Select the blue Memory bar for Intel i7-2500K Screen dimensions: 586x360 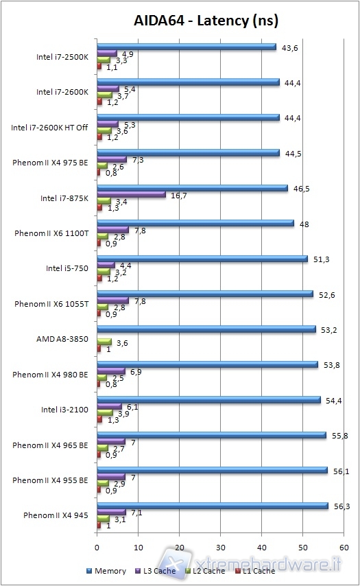187,47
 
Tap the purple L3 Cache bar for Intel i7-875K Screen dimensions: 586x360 132,194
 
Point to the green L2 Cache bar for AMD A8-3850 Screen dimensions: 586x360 104,341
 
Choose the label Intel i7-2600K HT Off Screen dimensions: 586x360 49,128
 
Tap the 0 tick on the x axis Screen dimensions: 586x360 97,548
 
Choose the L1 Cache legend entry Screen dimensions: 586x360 256,570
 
